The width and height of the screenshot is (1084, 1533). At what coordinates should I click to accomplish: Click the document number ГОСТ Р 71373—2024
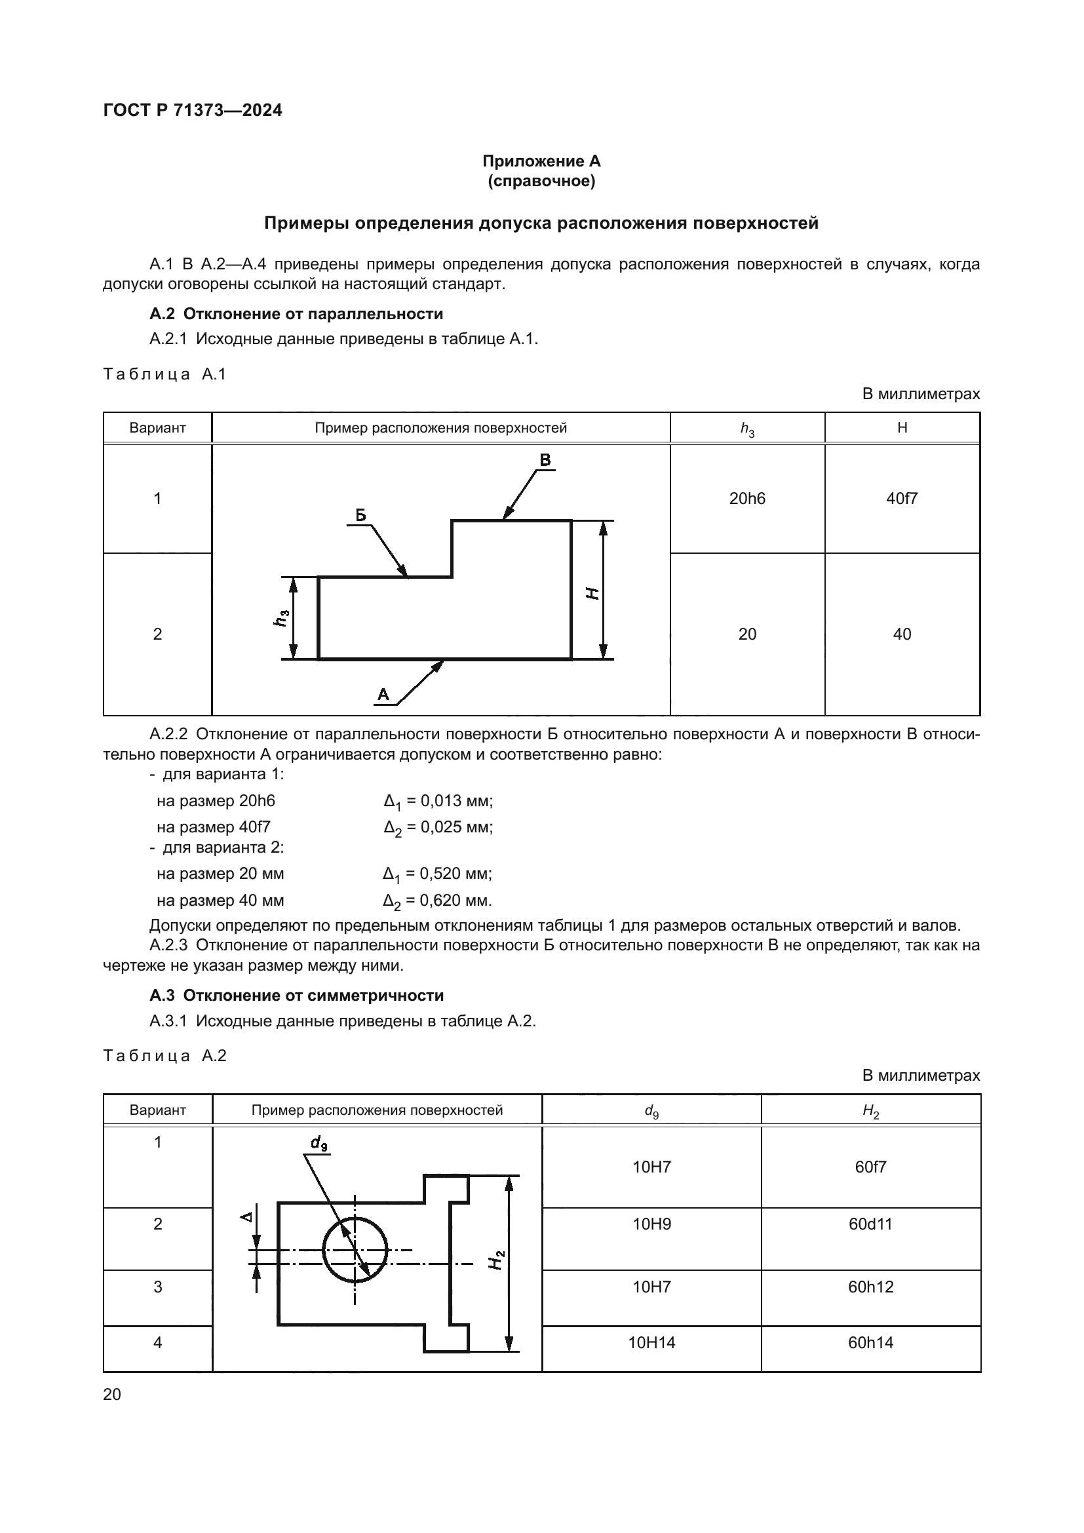pyautogui.click(x=193, y=110)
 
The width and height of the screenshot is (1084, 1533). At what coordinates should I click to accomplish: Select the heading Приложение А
pyautogui.click(x=541, y=161)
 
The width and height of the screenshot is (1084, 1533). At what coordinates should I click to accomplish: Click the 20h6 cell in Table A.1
pyautogui.click(x=747, y=498)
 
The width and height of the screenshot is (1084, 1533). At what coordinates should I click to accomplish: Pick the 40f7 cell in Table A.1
pyautogui.click(x=902, y=498)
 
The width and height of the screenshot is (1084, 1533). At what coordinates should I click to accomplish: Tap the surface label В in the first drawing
pyautogui.click(x=545, y=460)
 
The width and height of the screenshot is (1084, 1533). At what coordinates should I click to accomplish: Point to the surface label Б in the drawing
pyautogui.click(x=360, y=514)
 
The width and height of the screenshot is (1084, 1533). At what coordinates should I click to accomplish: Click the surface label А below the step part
pyautogui.click(x=383, y=694)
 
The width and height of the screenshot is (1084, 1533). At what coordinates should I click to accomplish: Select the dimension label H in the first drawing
pyautogui.click(x=591, y=592)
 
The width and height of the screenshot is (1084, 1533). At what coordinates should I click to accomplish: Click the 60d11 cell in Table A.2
pyautogui.click(x=870, y=1224)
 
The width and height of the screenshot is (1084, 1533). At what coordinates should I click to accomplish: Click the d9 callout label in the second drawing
pyautogui.click(x=319, y=1144)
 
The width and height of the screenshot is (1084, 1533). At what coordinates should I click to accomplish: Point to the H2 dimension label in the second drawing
pyautogui.click(x=496, y=1259)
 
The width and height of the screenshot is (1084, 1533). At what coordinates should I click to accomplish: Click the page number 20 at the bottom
pyautogui.click(x=112, y=1394)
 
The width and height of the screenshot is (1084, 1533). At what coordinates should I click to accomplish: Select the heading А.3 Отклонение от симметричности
pyautogui.click(x=296, y=996)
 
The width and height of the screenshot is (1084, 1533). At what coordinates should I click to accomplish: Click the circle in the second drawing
pyautogui.click(x=355, y=1250)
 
